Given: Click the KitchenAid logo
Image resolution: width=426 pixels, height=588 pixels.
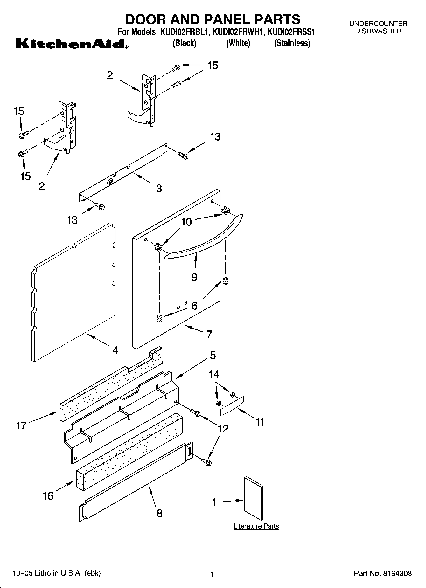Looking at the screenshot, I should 72,44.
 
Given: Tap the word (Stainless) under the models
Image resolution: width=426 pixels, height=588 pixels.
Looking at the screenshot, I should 292,43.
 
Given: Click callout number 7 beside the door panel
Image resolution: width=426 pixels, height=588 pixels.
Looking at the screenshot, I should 209,334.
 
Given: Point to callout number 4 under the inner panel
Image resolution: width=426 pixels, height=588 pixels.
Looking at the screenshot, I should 115,350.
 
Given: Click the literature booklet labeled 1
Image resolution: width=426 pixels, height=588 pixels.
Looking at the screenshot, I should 254,499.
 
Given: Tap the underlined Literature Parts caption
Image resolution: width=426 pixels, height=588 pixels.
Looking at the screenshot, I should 256,526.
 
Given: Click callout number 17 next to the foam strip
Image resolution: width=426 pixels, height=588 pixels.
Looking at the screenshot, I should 21,425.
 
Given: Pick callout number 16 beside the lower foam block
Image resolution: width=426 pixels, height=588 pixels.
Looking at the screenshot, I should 48,495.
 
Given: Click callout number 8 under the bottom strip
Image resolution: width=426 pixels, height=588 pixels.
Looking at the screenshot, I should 159,513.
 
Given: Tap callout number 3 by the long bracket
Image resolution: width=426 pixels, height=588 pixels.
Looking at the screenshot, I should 159,188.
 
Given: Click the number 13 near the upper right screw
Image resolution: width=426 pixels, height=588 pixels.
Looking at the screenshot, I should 215,137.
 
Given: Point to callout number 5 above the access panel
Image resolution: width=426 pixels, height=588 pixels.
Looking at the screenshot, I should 213,355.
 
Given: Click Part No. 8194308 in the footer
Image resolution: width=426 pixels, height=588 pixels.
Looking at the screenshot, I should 383,574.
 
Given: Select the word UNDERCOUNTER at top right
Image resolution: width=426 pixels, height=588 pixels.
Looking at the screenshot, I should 378,24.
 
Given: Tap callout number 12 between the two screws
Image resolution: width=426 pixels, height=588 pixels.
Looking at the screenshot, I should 223,429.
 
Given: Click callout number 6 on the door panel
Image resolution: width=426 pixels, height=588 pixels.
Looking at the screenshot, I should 194,306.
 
